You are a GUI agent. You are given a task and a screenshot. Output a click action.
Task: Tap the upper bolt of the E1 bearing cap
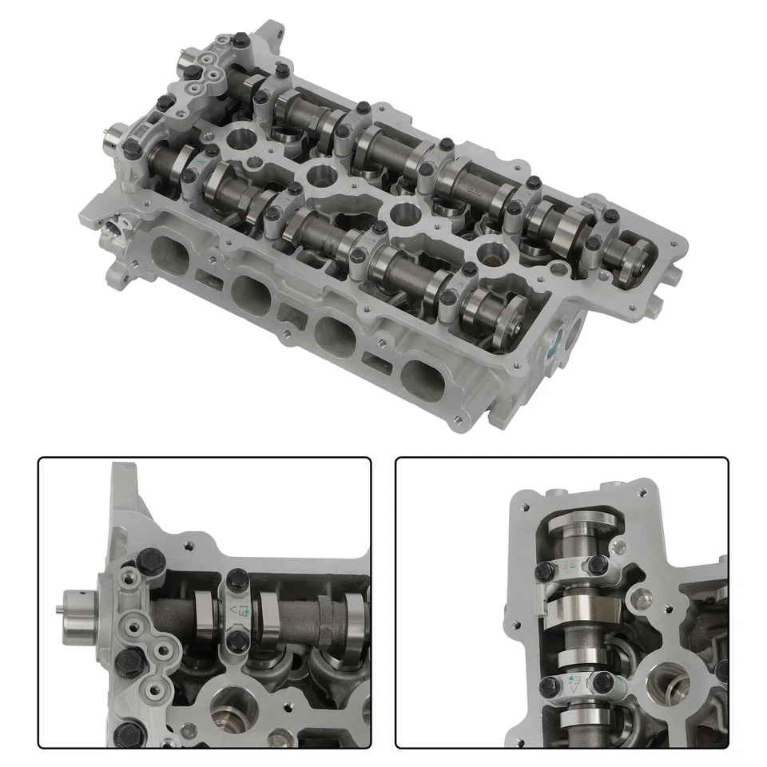pos(236,579)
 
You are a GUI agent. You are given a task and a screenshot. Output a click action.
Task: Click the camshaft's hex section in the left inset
pos(325,620)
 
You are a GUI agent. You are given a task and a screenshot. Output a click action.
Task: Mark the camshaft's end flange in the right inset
pos(582,523)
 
